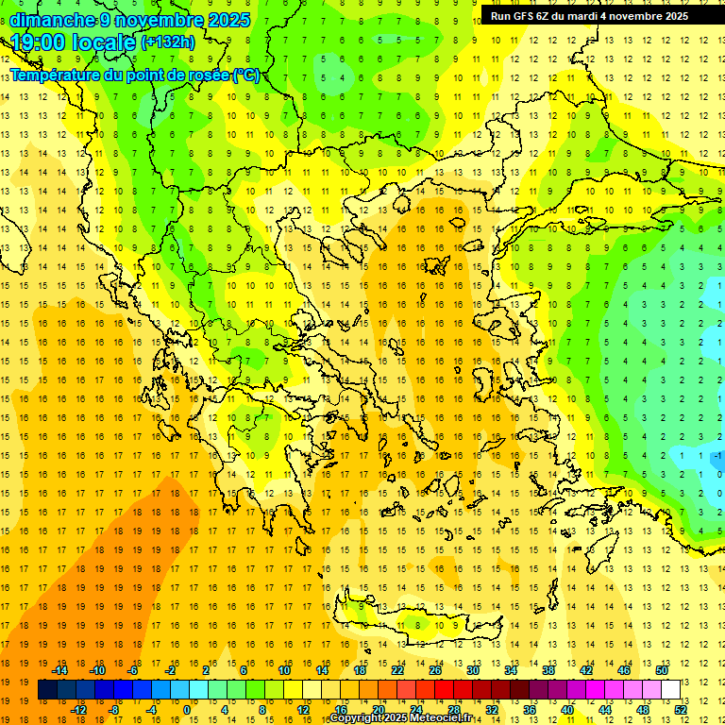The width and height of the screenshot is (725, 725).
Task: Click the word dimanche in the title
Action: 53,20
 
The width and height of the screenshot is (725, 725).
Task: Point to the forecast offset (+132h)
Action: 168,42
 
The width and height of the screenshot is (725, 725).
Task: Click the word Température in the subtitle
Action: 59,75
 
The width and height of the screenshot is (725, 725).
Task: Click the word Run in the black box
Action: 501,16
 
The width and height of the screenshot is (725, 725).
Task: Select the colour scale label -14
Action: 59,670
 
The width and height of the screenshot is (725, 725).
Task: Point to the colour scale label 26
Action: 435,670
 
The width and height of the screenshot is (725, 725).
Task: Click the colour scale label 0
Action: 186,710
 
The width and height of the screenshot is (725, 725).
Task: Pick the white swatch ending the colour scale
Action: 670,689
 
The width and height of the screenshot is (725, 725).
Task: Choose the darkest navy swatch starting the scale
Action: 47,689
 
